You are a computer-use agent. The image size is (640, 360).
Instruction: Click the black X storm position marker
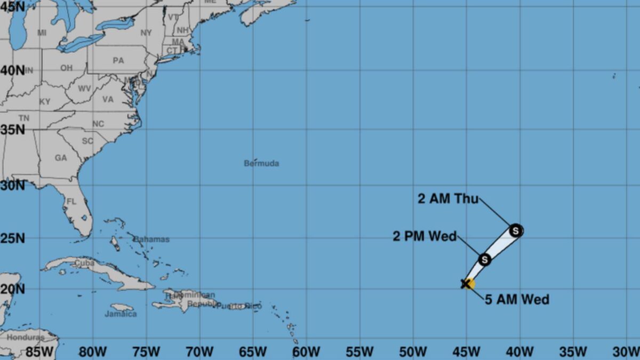point(466,283)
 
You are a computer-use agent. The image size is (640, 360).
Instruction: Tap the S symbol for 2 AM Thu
point(515,231)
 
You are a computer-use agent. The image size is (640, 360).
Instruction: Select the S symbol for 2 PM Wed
point(484,260)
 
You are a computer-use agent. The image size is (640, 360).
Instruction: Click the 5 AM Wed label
point(517,300)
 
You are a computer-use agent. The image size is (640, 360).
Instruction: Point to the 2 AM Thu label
point(448,199)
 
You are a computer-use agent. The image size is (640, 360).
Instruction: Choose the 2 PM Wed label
point(425,236)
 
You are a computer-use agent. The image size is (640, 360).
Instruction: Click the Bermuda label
point(261,163)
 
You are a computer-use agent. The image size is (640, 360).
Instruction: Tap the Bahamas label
point(151,239)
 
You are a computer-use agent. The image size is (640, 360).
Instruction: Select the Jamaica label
point(121,314)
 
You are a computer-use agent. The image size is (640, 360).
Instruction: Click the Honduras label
point(26,338)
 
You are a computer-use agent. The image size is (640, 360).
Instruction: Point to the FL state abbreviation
point(71,202)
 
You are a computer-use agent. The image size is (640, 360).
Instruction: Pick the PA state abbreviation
point(118,60)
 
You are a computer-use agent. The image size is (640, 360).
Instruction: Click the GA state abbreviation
point(61,158)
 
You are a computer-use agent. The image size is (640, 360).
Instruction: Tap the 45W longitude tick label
point(466,352)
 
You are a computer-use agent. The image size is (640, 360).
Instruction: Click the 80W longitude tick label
point(93,352)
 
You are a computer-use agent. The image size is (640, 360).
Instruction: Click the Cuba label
point(84,262)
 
